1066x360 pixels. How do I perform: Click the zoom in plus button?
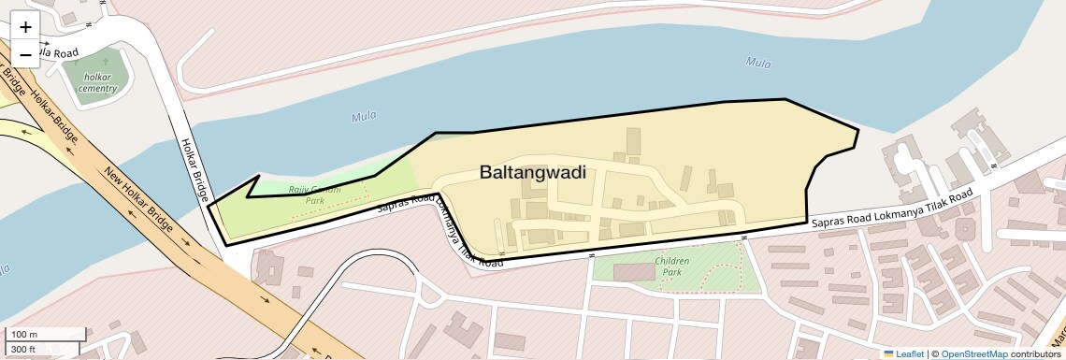point(25,27)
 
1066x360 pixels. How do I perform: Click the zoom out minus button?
point(25,55)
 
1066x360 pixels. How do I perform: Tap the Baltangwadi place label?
point(532,172)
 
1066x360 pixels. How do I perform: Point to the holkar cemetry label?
point(97,82)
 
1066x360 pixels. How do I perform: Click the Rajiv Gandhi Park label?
point(314,194)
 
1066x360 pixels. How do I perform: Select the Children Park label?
point(672,266)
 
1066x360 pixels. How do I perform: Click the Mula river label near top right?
point(758,63)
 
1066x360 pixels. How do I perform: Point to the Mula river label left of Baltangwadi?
point(363,117)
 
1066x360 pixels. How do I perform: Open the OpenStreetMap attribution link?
point(973,353)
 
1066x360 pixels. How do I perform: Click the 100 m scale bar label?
point(25,335)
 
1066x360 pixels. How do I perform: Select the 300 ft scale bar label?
point(23,350)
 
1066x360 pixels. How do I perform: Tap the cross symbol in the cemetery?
point(105,62)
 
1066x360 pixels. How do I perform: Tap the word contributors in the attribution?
point(1035,353)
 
